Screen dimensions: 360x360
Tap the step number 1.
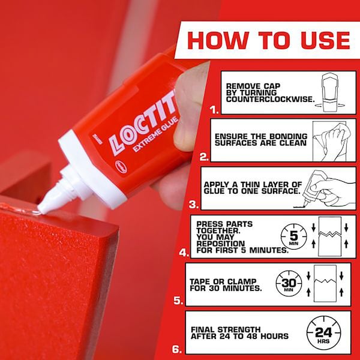[214, 110]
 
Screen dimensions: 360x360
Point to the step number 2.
[204, 158]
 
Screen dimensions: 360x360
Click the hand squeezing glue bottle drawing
[326, 187]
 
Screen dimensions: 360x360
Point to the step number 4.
[184, 253]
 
